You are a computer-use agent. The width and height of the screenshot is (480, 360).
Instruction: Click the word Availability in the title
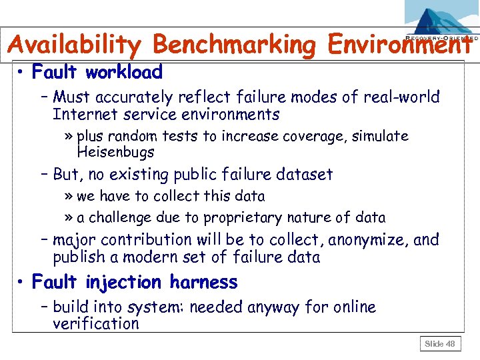pos(75,45)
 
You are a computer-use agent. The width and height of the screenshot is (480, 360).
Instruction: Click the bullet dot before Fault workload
pos(22,72)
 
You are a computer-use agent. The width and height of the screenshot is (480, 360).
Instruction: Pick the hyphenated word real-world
pos(400,97)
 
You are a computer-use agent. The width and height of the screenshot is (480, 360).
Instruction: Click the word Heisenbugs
pos(115,152)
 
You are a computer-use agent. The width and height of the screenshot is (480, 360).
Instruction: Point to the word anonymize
pos(369,239)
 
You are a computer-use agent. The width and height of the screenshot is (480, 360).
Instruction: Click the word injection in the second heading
pos(122,282)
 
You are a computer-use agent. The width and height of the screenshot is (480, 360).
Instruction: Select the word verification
pos(96,324)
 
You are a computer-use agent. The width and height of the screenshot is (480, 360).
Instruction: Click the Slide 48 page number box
pos(440,344)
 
